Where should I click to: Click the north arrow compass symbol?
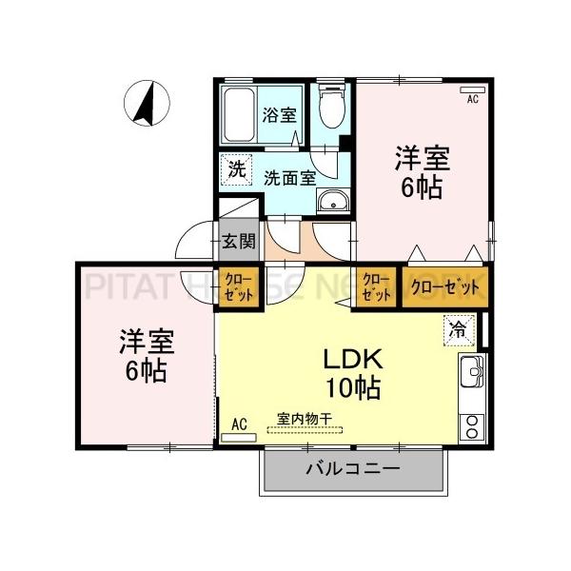pos(148,104)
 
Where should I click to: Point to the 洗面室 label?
pos(289,176)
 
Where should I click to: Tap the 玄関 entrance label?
pos(239,240)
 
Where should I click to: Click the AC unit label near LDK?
pos(239,424)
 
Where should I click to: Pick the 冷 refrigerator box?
pos(458,330)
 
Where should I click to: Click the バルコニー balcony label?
pos(352,469)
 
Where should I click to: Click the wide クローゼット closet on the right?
pos(443,286)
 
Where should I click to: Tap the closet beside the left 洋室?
pos(237,286)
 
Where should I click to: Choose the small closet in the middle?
pos(377,286)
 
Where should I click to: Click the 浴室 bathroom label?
pos(279,115)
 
